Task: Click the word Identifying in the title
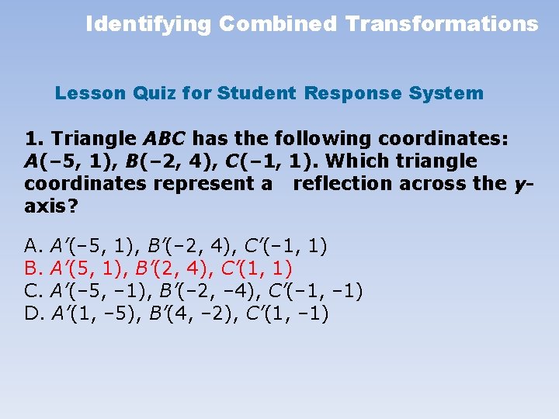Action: [148, 24]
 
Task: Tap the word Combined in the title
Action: [278, 24]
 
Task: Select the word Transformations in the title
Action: [442, 24]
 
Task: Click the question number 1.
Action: [33, 139]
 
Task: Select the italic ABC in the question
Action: [165, 139]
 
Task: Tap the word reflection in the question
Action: [342, 184]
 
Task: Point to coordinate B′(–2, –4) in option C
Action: [200, 292]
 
